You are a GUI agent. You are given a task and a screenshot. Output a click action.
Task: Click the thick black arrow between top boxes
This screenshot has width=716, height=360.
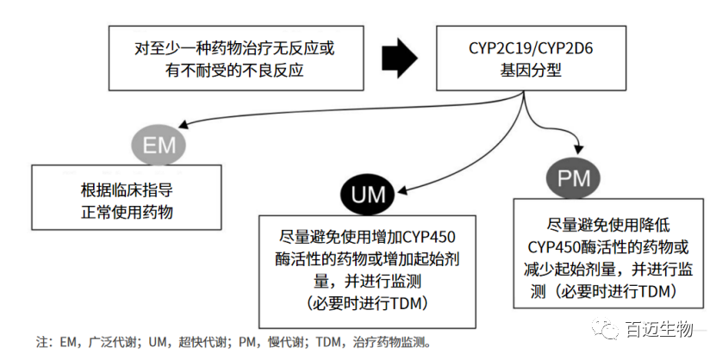(x=398, y=57)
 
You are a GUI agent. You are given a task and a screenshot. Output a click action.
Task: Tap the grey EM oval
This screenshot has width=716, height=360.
(x=159, y=144)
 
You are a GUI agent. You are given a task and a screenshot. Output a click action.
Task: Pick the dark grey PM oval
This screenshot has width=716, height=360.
(x=574, y=178)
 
